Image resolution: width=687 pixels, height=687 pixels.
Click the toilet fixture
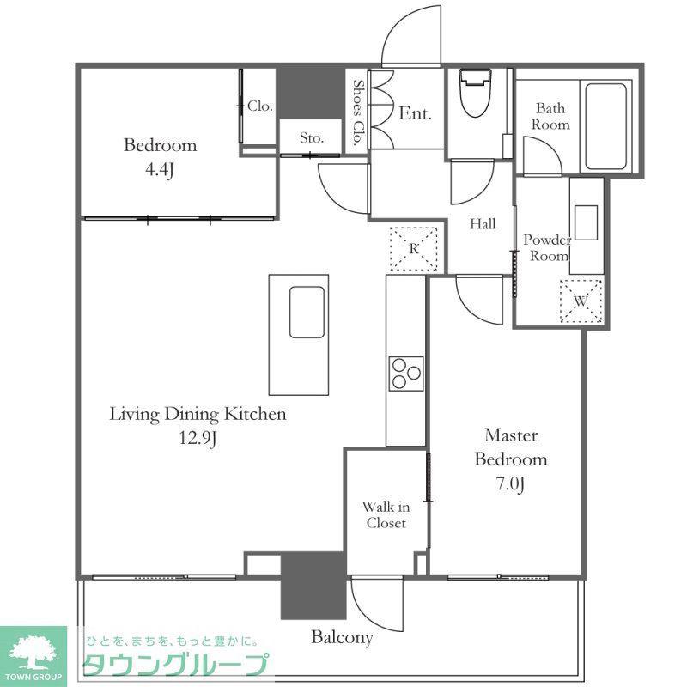475,93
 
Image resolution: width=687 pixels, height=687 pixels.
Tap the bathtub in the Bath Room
605,126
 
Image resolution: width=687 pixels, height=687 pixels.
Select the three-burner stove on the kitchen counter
406,374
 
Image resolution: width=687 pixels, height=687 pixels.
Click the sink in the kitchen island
307,312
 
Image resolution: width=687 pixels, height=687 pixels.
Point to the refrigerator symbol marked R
414,248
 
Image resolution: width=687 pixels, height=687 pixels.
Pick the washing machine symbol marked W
581,301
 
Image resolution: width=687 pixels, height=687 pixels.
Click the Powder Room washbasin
587,222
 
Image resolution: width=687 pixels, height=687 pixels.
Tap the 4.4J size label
160,169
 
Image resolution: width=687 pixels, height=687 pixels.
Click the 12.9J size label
198,438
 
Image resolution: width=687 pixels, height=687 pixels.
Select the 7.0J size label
510,483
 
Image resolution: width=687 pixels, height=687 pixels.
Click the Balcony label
342,637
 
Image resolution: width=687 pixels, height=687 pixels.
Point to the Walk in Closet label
386,514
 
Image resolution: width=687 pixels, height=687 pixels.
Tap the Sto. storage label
312,138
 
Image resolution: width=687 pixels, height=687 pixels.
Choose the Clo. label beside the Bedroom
260,106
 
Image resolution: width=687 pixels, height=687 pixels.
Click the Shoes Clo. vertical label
359,112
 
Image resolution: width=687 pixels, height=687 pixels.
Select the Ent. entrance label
415,114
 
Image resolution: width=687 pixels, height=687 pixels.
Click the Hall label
483,224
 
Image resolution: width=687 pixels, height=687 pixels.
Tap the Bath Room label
550,116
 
